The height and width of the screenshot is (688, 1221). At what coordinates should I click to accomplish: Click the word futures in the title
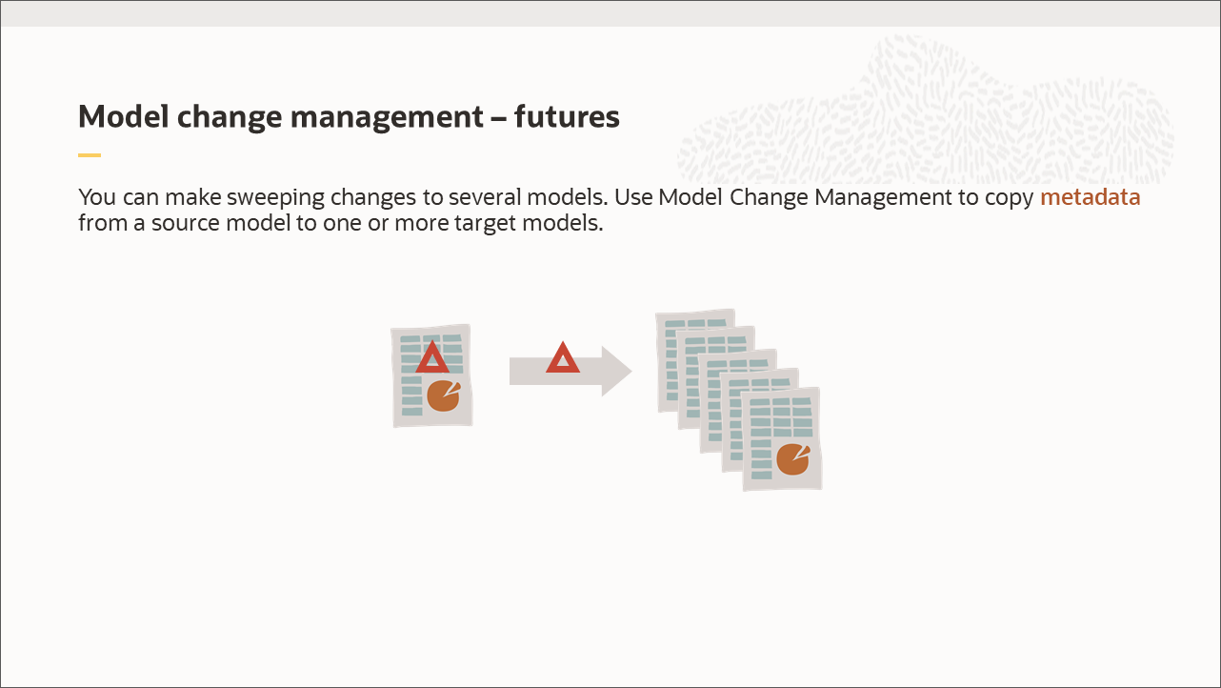pyautogui.click(x=567, y=117)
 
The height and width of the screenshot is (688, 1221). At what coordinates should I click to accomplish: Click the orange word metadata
pyautogui.click(x=1090, y=197)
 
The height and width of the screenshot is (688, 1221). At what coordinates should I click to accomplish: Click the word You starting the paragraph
pyautogui.click(x=95, y=198)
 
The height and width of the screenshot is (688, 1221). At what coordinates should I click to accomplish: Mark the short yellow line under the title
pyautogui.click(x=89, y=154)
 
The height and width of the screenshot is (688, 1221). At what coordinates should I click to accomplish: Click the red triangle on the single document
pyautogui.click(x=432, y=358)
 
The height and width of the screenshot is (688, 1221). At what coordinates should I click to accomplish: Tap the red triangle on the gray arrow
pyautogui.click(x=563, y=358)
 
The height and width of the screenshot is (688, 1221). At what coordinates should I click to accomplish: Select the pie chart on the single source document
pyautogui.click(x=443, y=395)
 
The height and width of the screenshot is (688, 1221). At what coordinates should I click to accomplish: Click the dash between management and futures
pyautogui.click(x=499, y=118)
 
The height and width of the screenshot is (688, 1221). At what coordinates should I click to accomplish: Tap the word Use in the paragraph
pyautogui.click(x=632, y=198)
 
